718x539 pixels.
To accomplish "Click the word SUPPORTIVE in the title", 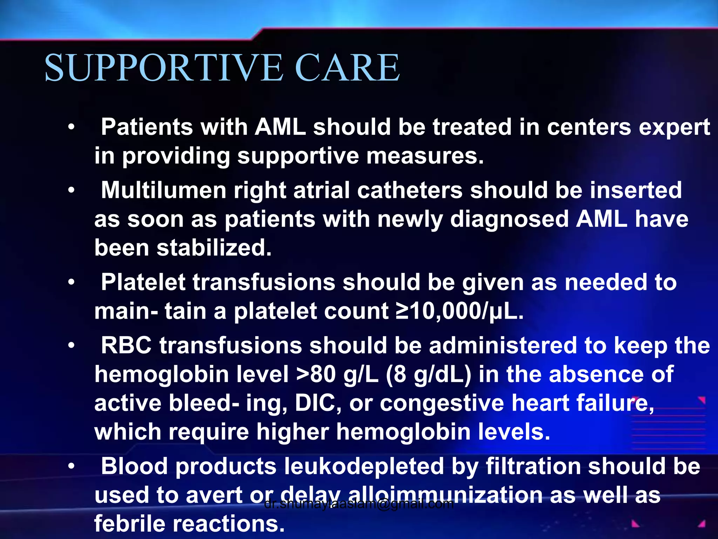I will click(x=164, y=67).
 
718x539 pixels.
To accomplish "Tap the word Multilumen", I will click(x=164, y=191).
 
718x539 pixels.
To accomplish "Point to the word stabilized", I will click(x=214, y=248).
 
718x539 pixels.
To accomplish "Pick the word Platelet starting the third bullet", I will click(x=143, y=282).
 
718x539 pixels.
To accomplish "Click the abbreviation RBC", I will click(x=126, y=346).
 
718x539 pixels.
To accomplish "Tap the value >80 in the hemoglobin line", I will click(x=316, y=374).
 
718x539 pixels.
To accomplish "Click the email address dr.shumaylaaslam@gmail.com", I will click(x=359, y=504).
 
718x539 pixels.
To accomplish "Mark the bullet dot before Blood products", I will click(x=72, y=466).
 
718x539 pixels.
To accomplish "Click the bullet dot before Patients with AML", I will click(x=72, y=127).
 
